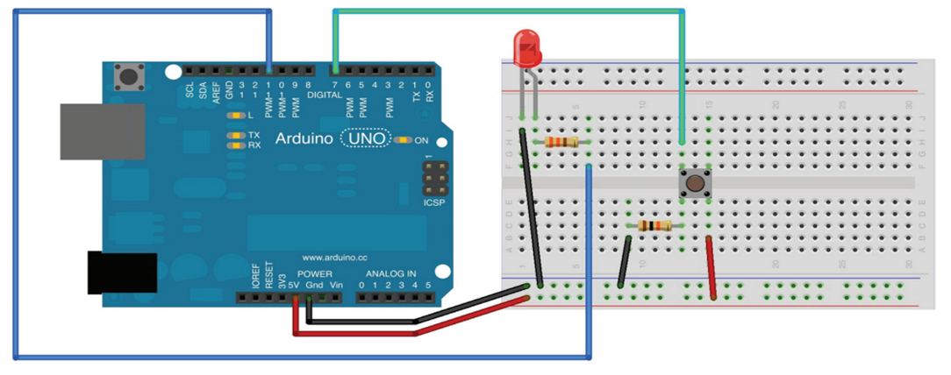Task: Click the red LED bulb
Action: point(527,47)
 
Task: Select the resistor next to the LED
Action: point(561,142)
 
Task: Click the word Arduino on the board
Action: point(305,138)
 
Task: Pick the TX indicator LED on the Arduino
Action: point(234,135)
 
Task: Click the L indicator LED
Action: point(234,116)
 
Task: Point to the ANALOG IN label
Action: point(391,274)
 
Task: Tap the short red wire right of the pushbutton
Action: point(714,267)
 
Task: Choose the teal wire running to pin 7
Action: point(509,11)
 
